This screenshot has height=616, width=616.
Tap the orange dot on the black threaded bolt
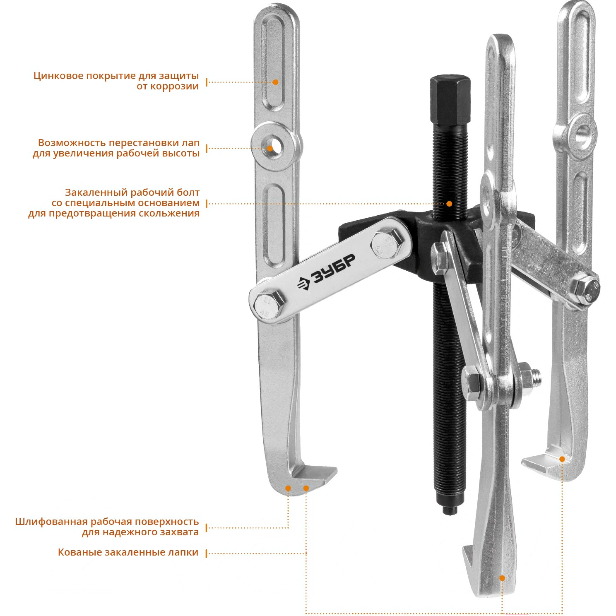[449, 204]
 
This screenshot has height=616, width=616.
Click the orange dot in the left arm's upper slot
[275, 82]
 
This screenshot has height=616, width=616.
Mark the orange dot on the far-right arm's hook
[562, 459]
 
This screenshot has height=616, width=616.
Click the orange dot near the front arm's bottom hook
[502, 578]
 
